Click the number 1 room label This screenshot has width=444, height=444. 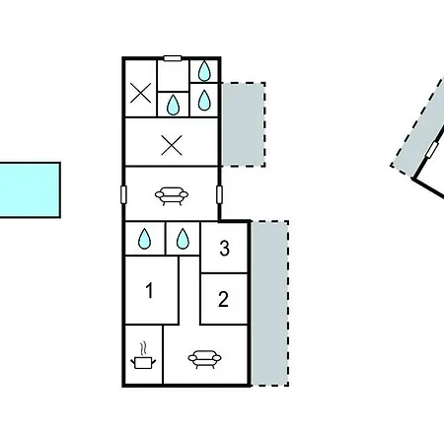150,290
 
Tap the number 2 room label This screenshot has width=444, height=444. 223,299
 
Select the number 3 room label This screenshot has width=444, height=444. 224,249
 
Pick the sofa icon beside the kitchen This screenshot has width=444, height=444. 204,359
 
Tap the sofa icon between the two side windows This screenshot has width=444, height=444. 172,196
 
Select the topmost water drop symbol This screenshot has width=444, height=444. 204,71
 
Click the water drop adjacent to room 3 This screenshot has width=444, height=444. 183,239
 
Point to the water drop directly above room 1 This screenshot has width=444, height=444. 144,239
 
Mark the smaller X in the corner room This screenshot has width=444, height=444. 141,93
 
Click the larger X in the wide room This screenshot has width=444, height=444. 172,145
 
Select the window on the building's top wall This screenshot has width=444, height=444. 173,58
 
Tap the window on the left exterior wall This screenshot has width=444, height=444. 123,194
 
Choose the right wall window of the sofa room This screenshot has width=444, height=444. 219,194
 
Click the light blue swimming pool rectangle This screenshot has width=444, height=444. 30,189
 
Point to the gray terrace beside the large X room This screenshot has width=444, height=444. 244,124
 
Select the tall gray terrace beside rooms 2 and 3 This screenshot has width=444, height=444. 270,303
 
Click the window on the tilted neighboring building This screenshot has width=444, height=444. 432,150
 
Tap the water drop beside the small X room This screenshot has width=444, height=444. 173,105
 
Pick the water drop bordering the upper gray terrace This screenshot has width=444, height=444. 204,100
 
